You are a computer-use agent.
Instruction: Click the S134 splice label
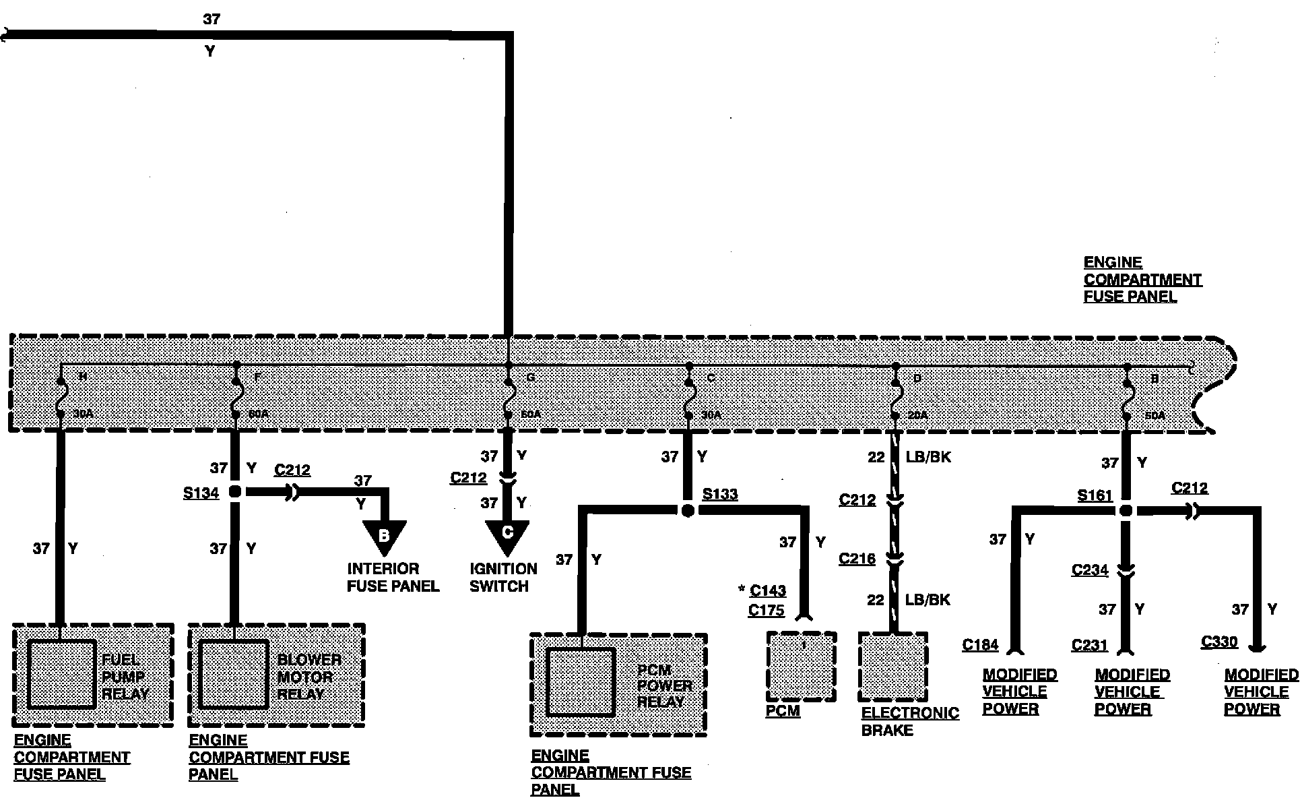coord(201,493)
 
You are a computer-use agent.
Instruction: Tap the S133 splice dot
coord(687,511)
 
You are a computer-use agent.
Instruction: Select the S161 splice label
coord(1095,496)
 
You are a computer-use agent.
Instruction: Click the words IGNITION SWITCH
coord(503,578)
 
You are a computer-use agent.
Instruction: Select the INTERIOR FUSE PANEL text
coord(393,578)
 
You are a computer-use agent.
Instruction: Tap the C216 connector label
coord(857,559)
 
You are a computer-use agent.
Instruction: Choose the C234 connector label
coord(1089,570)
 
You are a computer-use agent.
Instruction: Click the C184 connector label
coord(980,645)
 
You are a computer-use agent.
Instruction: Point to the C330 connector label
coord(1219,642)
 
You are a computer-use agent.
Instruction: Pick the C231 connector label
coord(1089,646)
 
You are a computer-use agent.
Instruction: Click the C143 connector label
coord(767,591)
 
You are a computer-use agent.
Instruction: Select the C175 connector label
coord(766,611)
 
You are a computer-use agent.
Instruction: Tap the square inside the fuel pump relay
coord(61,674)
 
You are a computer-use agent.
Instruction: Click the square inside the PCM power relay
coord(581,682)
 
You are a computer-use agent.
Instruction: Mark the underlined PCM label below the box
coord(783,711)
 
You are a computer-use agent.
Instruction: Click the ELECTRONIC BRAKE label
coord(909,722)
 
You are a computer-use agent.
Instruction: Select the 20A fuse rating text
coord(917,416)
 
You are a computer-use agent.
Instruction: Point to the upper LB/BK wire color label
coord(928,457)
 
